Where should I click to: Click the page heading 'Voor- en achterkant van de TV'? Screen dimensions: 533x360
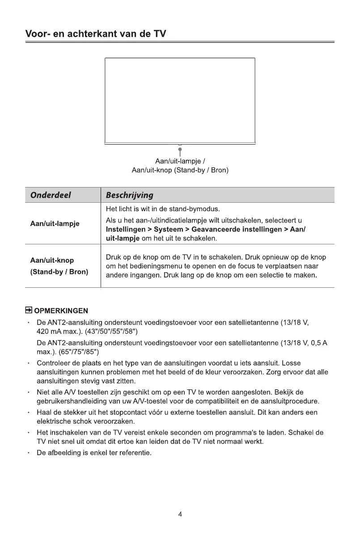(x=95, y=34)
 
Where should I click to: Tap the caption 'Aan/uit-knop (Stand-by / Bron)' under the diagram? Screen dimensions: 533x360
(x=180, y=171)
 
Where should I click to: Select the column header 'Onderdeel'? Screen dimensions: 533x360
(x=51, y=195)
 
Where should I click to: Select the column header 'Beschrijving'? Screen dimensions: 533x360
(x=129, y=195)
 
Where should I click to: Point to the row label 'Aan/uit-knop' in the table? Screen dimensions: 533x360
(x=52, y=260)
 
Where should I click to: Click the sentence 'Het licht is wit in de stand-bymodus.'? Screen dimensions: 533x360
(x=163, y=209)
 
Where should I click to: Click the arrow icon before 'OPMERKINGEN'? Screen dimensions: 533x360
(x=29, y=310)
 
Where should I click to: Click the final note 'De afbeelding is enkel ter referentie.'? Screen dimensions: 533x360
(x=94, y=453)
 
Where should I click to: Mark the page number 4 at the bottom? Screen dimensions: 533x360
(x=180, y=514)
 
